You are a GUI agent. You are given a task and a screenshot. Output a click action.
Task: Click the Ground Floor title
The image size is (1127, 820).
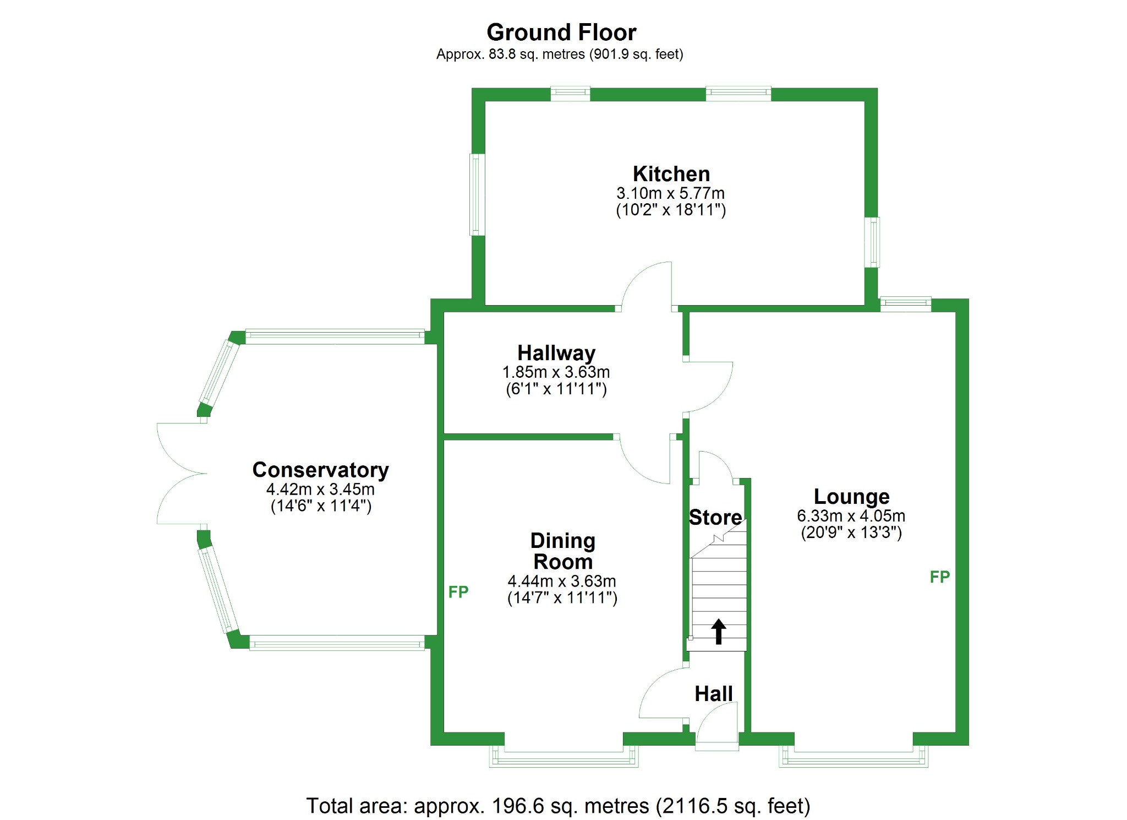(x=561, y=32)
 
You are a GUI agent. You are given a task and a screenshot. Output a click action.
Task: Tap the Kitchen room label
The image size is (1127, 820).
(x=671, y=174)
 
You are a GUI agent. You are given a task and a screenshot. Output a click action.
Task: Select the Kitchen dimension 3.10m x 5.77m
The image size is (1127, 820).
(x=670, y=193)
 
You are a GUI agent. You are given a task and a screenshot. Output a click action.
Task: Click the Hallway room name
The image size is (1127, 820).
(x=556, y=353)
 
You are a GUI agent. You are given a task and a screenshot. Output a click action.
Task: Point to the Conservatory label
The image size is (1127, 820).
(x=320, y=470)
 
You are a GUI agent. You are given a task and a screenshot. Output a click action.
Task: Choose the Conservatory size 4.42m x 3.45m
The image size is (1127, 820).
(x=320, y=489)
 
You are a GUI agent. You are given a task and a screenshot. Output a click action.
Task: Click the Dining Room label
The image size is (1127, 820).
(x=562, y=551)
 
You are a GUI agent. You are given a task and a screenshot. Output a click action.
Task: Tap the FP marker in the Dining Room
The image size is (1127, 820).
(x=458, y=592)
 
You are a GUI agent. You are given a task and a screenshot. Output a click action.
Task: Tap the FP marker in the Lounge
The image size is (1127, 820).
(x=939, y=577)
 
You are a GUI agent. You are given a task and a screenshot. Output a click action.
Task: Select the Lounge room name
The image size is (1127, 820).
(x=851, y=497)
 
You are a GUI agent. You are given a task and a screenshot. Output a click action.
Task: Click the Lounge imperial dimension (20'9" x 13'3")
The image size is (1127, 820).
(x=851, y=533)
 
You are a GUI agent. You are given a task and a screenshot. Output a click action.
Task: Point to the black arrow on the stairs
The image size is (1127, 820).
(x=718, y=631)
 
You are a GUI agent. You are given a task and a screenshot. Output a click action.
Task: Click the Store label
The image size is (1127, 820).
(x=715, y=518)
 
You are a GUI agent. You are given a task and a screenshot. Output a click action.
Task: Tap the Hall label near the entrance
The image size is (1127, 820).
(x=713, y=694)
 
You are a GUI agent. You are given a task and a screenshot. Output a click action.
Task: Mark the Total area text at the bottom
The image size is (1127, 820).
(x=558, y=806)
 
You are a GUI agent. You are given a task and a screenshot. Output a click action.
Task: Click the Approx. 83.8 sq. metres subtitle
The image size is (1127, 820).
(x=560, y=55)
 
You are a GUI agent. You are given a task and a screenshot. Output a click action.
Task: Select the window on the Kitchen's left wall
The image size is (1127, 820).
(x=477, y=194)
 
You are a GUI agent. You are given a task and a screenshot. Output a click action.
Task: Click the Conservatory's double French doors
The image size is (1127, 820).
(x=182, y=474)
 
